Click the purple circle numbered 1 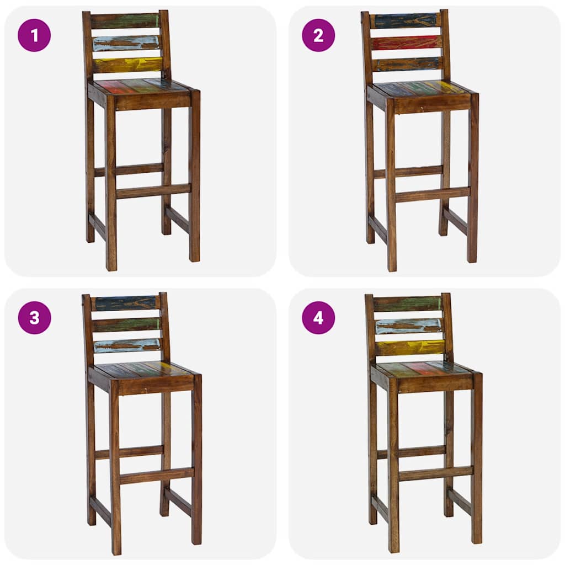coord(34,35)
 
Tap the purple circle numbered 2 coord(318,35)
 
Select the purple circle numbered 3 coord(34,318)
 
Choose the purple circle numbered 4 coord(318,318)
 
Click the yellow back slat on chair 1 coord(127,65)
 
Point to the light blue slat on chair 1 coord(126,43)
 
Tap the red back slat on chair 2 coord(407,42)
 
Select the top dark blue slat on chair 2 coord(406,21)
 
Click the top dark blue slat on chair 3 coord(125,303)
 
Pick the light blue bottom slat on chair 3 coord(127,345)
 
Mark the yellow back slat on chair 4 coord(410,347)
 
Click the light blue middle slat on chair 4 coord(409,326)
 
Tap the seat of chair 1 coord(141,87)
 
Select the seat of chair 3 coord(142,370)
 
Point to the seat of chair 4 coord(422,369)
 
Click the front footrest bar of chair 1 coord(153,191)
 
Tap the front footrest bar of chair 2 coord(433,194)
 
